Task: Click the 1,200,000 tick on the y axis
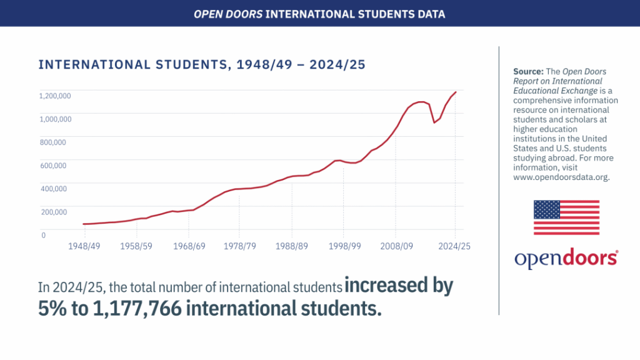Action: (x=55, y=96)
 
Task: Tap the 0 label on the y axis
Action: (x=43, y=235)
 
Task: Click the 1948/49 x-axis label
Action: (x=84, y=246)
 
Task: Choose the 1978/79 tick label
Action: (x=240, y=246)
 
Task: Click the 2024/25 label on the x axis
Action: (x=454, y=246)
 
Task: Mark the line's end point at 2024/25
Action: (x=456, y=92)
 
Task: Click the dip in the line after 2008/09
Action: (x=434, y=122)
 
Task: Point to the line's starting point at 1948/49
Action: (x=84, y=224)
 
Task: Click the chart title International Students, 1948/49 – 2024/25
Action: (x=201, y=65)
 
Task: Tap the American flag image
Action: (x=566, y=217)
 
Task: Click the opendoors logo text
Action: (x=566, y=259)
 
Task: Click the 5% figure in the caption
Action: (x=52, y=307)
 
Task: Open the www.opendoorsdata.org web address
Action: (x=561, y=177)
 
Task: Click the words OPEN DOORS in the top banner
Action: (x=227, y=14)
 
